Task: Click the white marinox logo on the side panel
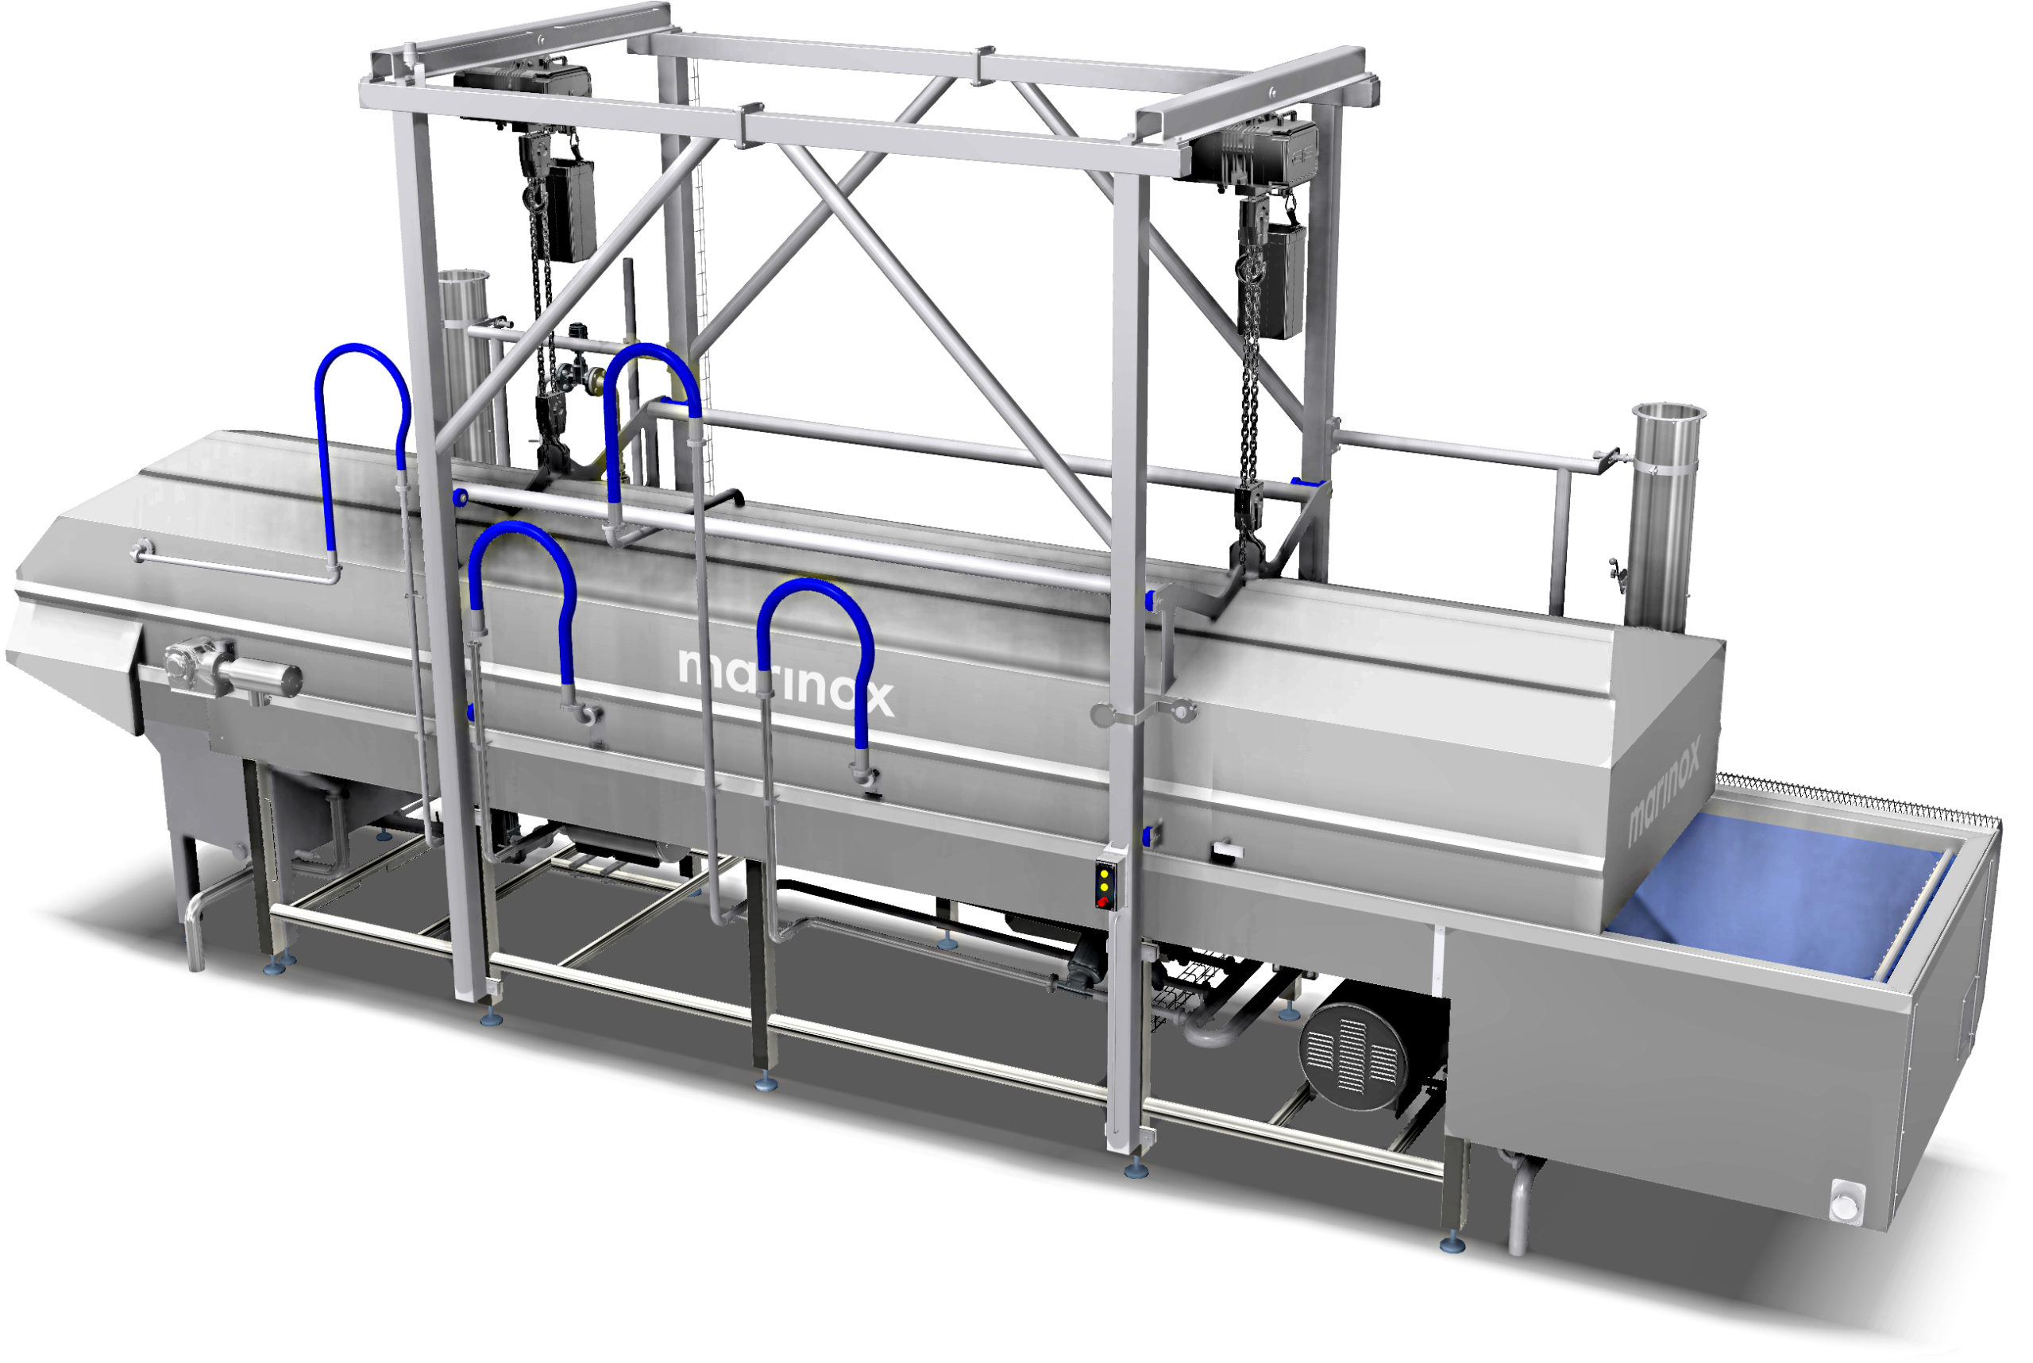pos(785,681)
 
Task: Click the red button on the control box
pos(1103,902)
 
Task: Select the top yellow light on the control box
pos(1104,873)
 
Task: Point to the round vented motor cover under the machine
pos(1355,1056)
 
